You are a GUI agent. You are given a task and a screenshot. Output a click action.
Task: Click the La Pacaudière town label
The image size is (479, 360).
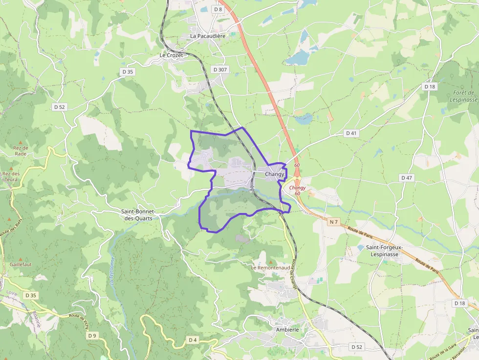(208, 36)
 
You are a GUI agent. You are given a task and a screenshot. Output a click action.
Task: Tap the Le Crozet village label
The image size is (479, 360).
(171, 55)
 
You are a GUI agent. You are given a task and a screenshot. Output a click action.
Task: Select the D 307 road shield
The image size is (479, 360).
(220, 70)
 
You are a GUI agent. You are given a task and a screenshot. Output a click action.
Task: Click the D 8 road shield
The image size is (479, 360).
(218, 9)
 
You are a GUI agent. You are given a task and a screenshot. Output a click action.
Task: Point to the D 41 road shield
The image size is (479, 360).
(351, 133)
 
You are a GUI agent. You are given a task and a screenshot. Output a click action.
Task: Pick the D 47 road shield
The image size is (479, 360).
(407, 178)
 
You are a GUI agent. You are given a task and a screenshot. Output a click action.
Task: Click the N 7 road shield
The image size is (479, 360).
(334, 222)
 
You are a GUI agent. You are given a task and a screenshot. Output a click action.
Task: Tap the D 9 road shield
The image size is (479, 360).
(92, 335)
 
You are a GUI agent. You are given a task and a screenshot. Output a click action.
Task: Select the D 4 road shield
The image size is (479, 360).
(193, 339)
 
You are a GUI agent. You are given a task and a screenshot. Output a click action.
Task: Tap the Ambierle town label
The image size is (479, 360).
(287, 329)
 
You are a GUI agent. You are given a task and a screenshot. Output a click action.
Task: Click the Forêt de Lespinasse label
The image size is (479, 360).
(464, 96)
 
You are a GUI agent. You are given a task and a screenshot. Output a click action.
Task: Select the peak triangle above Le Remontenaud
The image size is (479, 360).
(265, 262)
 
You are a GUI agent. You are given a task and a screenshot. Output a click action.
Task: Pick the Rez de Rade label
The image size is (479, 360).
(21, 150)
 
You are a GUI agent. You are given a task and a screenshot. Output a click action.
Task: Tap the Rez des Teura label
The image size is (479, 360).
(11, 176)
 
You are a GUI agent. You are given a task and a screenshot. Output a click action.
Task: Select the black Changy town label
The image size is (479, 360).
(275, 174)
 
